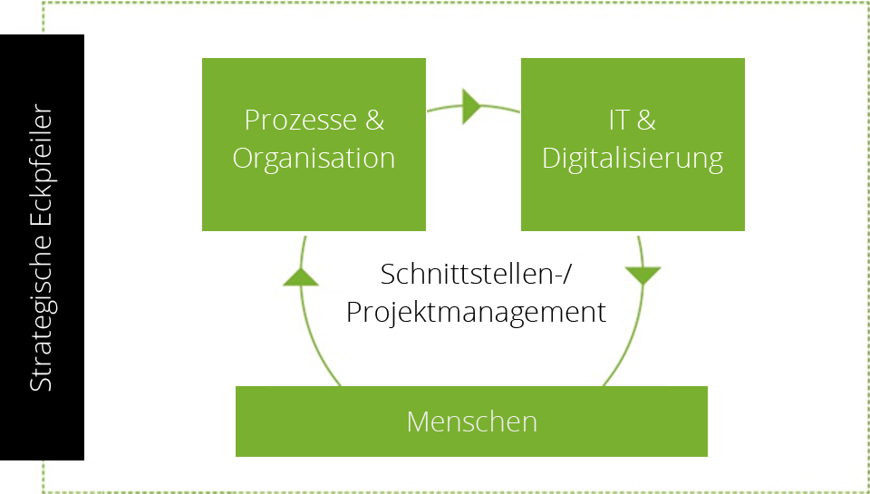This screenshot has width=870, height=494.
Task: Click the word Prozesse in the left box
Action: pos(300,120)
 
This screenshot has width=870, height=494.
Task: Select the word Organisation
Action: pos(314,159)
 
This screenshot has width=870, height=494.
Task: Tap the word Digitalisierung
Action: pos(633,159)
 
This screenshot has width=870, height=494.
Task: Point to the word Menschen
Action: pos(472,421)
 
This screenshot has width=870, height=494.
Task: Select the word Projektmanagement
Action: pos(476,313)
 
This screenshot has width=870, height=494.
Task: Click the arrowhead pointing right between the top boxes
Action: pos(471,106)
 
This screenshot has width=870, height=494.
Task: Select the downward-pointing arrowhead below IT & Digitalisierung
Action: pos(643,276)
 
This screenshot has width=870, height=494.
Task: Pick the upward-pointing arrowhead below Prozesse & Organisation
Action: pos(301,277)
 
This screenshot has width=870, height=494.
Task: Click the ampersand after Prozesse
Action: pos(374,120)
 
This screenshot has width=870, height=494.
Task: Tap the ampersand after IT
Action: pos(646,120)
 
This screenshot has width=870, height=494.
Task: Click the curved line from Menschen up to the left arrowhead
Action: pos(311,340)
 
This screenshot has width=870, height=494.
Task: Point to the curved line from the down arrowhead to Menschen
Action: pos(631,339)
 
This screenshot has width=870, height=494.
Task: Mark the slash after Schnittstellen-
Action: pos(565,275)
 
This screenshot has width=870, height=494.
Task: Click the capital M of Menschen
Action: pos(418,421)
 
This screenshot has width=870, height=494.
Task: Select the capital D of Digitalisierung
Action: pos(551,159)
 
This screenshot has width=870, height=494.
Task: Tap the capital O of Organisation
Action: pos(243,159)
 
